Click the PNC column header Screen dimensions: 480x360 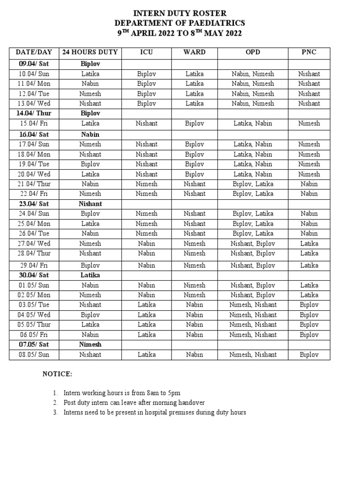coord(309,52)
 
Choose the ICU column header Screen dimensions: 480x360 coord(147,52)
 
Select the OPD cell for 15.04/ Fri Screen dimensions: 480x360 coord(253,124)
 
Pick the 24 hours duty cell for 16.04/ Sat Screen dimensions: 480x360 coord(90,134)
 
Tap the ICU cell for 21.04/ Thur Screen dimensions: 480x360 coord(147,184)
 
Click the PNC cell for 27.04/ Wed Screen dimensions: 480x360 coord(309,244)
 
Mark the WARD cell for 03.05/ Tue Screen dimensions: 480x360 coord(195,305)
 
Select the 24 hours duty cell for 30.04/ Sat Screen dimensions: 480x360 coord(90,275)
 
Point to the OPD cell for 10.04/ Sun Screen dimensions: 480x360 coord(253,74)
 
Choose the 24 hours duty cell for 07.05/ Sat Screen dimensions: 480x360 coord(90,345)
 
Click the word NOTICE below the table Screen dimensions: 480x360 coord(57,374)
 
